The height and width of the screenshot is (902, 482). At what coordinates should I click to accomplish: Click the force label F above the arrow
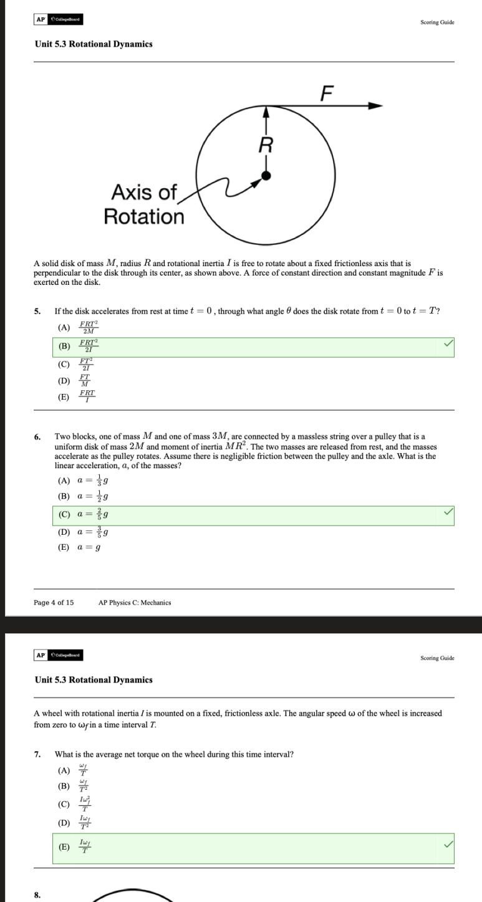(327, 93)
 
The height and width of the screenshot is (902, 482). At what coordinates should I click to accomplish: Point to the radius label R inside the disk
(266, 146)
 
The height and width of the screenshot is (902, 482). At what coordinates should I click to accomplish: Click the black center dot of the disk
(266, 176)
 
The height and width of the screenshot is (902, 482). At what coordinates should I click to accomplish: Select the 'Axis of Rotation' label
(144, 204)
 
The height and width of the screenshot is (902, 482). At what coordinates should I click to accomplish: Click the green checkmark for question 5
(446, 343)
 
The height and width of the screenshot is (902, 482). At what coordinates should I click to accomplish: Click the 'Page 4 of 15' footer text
(54, 602)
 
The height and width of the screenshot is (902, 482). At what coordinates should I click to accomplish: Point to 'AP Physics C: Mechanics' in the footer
(135, 602)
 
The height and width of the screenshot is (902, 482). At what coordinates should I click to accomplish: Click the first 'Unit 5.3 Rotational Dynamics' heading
(93, 44)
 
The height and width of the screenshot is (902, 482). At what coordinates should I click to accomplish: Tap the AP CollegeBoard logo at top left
(58, 19)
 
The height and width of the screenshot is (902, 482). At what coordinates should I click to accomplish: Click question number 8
(37, 895)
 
